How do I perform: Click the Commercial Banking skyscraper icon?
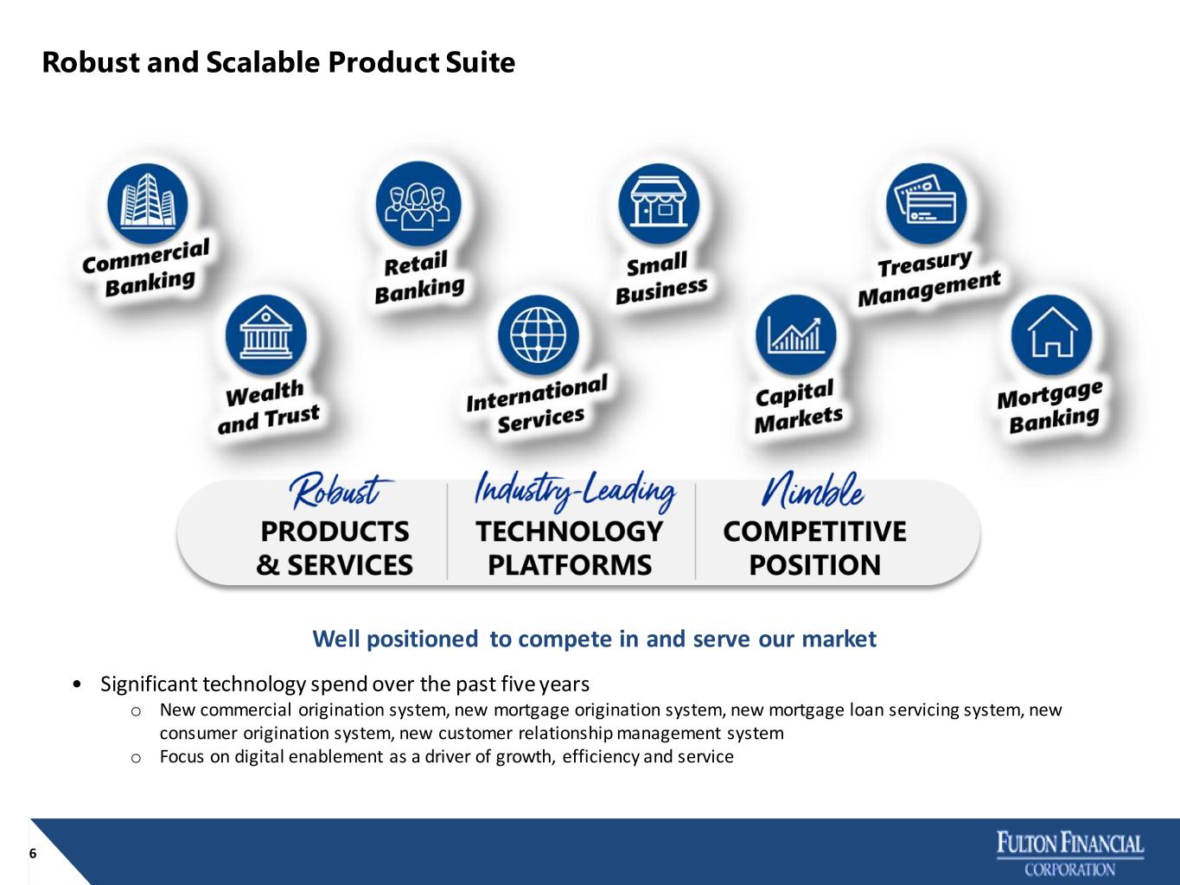(147, 204)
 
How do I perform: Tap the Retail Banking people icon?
(418, 204)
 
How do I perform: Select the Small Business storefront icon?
(659, 204)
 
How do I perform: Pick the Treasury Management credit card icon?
(926, 204)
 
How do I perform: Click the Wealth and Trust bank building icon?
(266, 334)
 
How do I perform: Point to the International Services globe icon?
(538, 334)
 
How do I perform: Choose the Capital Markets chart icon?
(795, 334)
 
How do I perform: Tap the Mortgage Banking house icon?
(1051, 334)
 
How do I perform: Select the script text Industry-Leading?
(575, 491)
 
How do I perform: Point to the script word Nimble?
(813, 490)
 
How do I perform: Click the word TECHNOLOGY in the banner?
(570, 532)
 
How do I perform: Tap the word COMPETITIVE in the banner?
(814, 532)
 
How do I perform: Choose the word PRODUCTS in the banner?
(335, 532)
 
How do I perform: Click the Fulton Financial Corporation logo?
(1070, 854)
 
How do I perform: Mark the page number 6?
(33, 853)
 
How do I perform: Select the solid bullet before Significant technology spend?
(78, 684)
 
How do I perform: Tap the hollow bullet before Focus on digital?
(136, 758)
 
